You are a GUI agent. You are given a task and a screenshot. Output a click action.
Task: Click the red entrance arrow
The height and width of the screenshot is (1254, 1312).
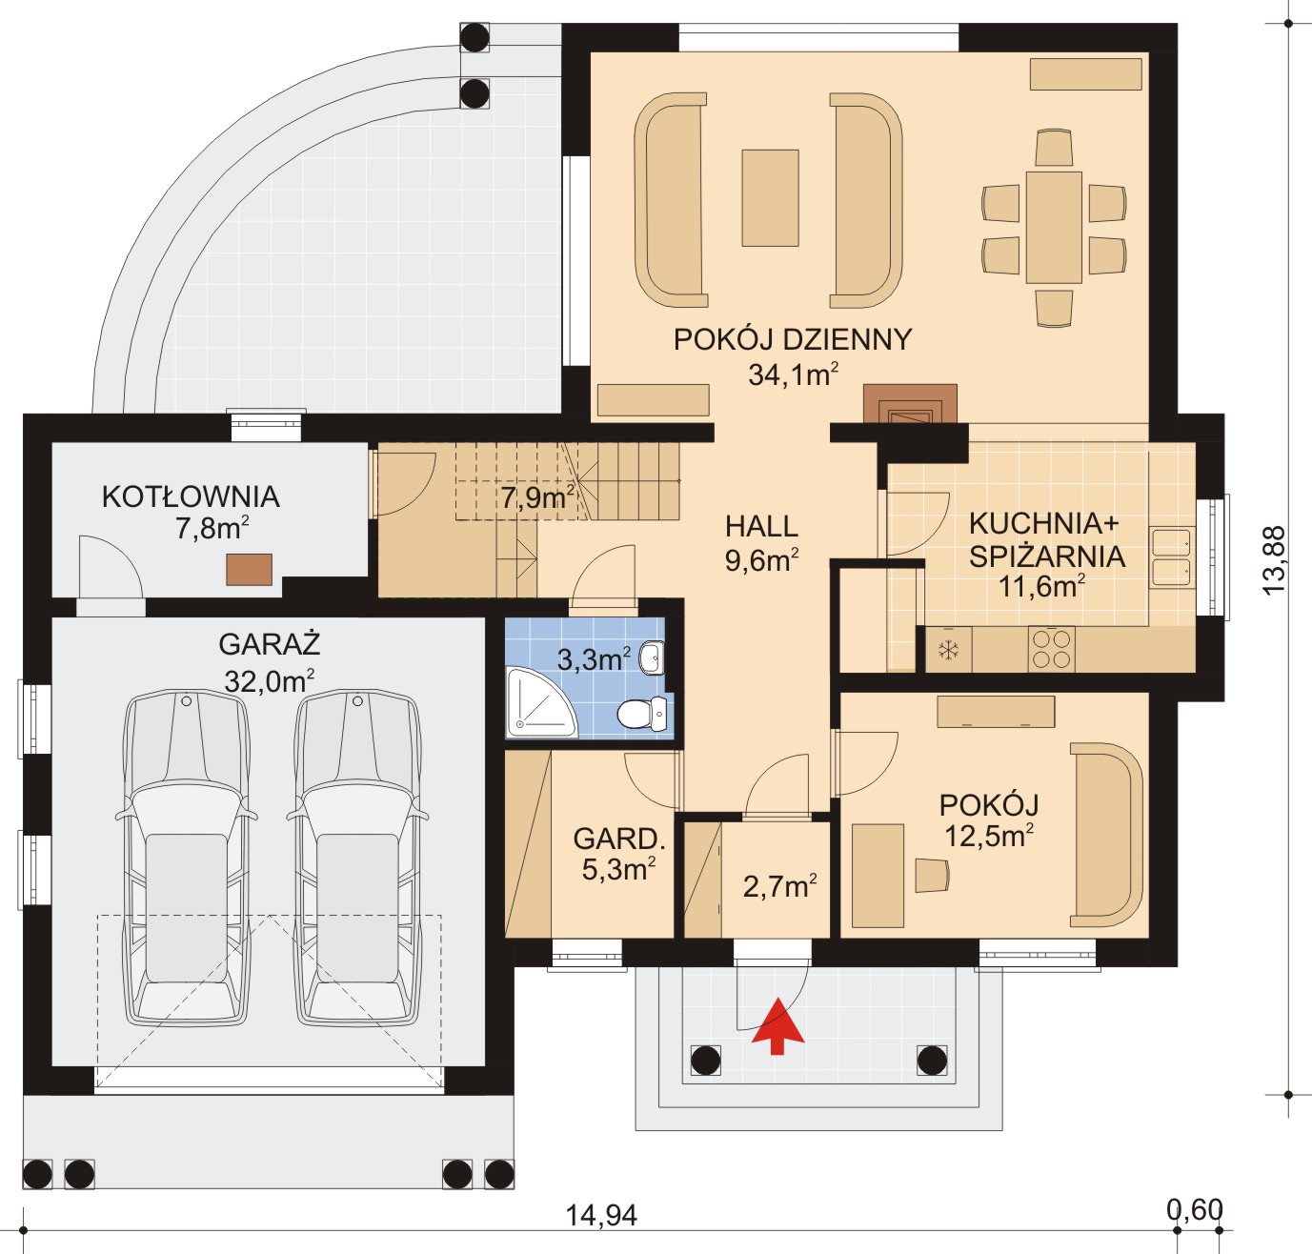[x=778, y=1027]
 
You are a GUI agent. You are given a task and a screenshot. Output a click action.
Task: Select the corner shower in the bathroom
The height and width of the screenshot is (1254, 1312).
[x=541, y=702]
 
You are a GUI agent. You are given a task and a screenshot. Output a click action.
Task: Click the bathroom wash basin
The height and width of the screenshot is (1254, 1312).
[x=652, y=657]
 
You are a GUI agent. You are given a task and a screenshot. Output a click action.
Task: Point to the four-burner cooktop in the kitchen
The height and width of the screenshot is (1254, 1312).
[x=1051, y=649]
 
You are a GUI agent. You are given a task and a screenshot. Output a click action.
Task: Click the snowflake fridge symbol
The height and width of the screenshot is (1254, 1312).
[x=949, y=650]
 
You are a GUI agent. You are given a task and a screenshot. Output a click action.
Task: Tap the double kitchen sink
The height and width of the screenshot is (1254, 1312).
[x=1173, y=557]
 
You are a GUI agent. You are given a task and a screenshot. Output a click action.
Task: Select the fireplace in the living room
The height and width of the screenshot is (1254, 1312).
[x=910, y=405]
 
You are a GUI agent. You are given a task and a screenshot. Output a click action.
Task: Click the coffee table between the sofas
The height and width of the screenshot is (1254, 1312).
[x=770, y=198]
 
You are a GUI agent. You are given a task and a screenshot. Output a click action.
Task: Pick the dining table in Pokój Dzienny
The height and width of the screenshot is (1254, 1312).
[x=1054, y=227]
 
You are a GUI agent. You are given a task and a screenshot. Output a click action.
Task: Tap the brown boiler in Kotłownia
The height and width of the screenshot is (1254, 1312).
[x=249, y=570]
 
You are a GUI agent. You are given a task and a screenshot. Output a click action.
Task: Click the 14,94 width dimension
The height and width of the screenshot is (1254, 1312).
[x=600, y=1216]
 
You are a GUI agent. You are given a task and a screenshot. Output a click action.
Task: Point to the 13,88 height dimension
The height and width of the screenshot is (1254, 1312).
[x=1274, y=559]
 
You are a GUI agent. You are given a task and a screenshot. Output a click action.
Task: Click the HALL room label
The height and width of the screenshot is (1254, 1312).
[x=762, y=527]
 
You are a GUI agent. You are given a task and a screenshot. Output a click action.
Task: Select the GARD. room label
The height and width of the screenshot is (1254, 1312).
[x=619, y=839]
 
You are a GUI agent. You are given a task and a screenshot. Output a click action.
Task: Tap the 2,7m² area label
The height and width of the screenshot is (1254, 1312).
[x=780, y=886]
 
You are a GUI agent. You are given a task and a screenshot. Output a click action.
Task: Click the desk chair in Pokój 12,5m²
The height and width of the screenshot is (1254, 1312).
[x=932, y=875]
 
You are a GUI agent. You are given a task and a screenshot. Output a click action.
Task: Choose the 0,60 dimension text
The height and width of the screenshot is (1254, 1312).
[x=1196, y=1209]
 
